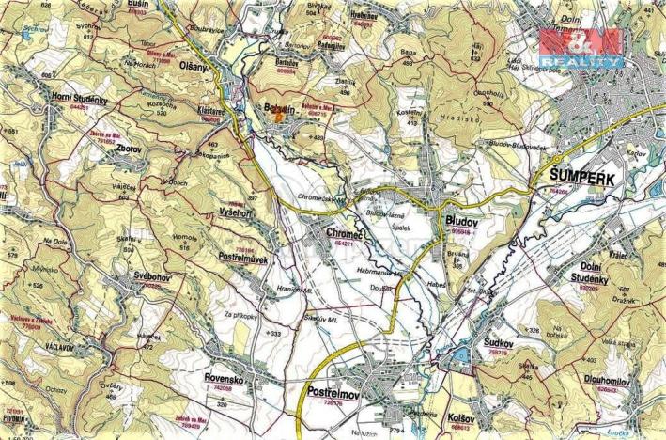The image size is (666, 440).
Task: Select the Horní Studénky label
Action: click(78, 100)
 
